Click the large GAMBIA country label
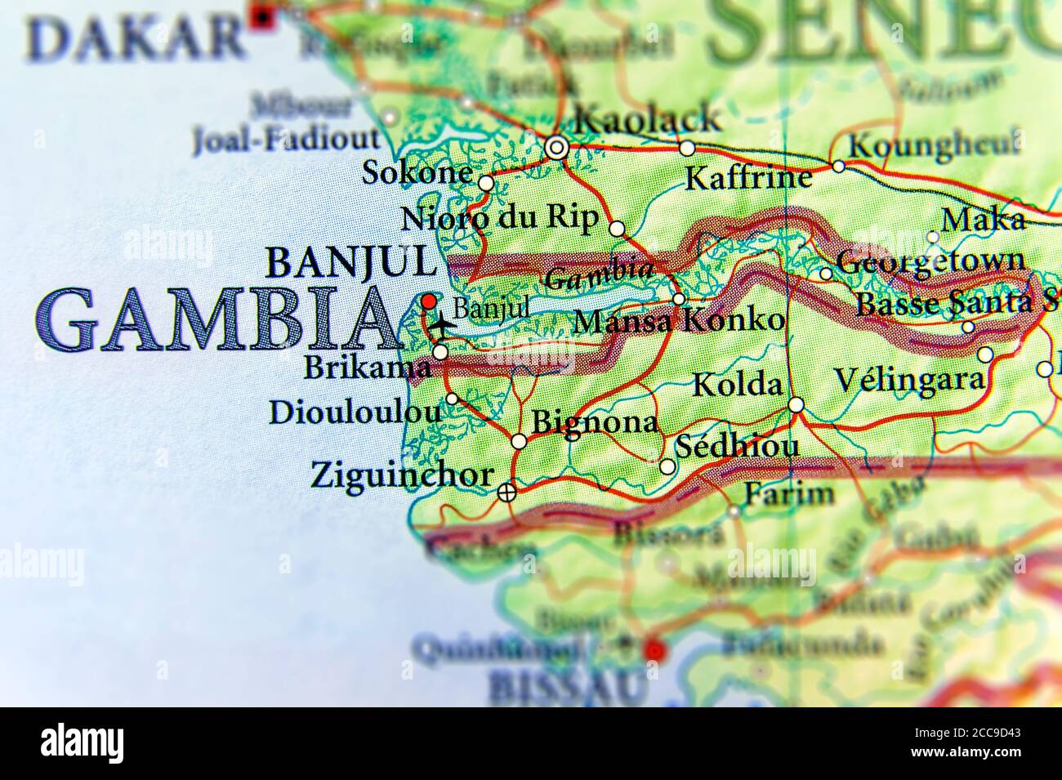pyautogui.click(x=214, y=320)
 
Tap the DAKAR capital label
pyautogui.click(x=134, y=39)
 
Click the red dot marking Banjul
pyautogui.click(x=429, y=301)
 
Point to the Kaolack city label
pyautogui.click(x=649, y=120)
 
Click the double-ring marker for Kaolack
pyautogui.click(x=557, y=148)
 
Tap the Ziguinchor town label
pyautogui.click(x=402, y=475)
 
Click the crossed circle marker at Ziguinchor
pyautogui.click(x=507, y=492)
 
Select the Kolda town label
pyautogui.click(x=738, y=385)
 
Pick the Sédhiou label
pyautogui.click(x=736, y=447)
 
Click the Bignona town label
pyautogui.click(x=595, y=421)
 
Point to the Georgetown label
pyautogui.click(x=930, y=262)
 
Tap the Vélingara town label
pyautogui.click(x=908, y=379)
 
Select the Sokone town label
pyautogui.click(x=417, y=172)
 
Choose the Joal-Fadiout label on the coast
pyautogui.click(x=286, y=140)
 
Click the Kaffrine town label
pyautogui.click(x=749, y=177)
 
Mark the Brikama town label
pyautogui.click(x=367, y=368)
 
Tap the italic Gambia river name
pyautogui.click(x=599, y=276)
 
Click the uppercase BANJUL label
pyautogui.click(x=351, y=262)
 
